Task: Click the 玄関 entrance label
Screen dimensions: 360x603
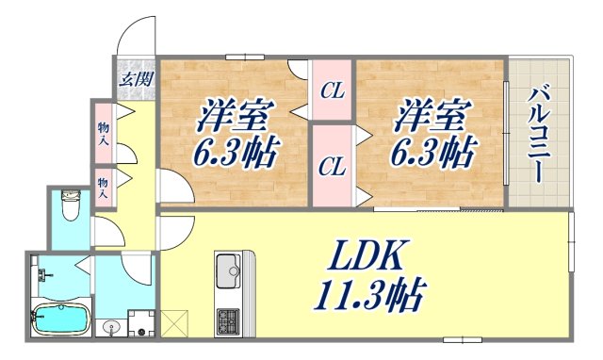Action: [136, 78]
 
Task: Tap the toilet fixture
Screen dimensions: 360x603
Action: [70, 205]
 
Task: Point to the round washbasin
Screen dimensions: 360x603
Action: [113, 328]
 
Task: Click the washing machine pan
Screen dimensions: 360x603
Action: [140, 324]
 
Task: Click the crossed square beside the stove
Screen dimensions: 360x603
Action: [175, 323]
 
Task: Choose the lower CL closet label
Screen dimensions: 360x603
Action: [332, 168]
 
